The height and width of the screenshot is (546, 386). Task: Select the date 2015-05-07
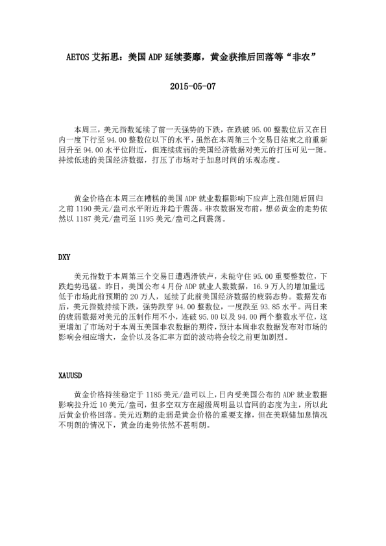pos(192,86)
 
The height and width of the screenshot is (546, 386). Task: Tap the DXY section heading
pos(64,257)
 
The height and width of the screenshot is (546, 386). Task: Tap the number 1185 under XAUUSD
pos(156,394)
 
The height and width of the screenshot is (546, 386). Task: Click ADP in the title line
pos(158,56)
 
